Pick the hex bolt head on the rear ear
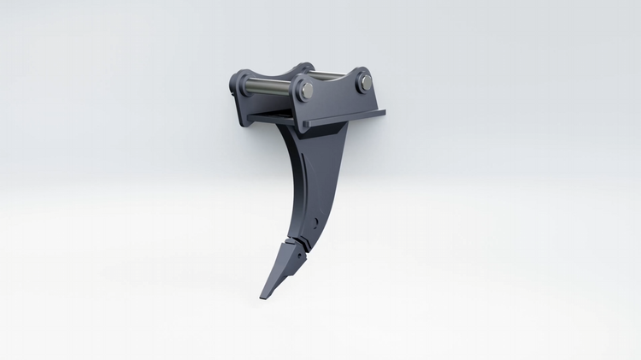(x=365, y=80)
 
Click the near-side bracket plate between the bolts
(x=335, y=96)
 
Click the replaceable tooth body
(x=278, y=272)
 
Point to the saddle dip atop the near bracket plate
(x=334, y=81)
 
